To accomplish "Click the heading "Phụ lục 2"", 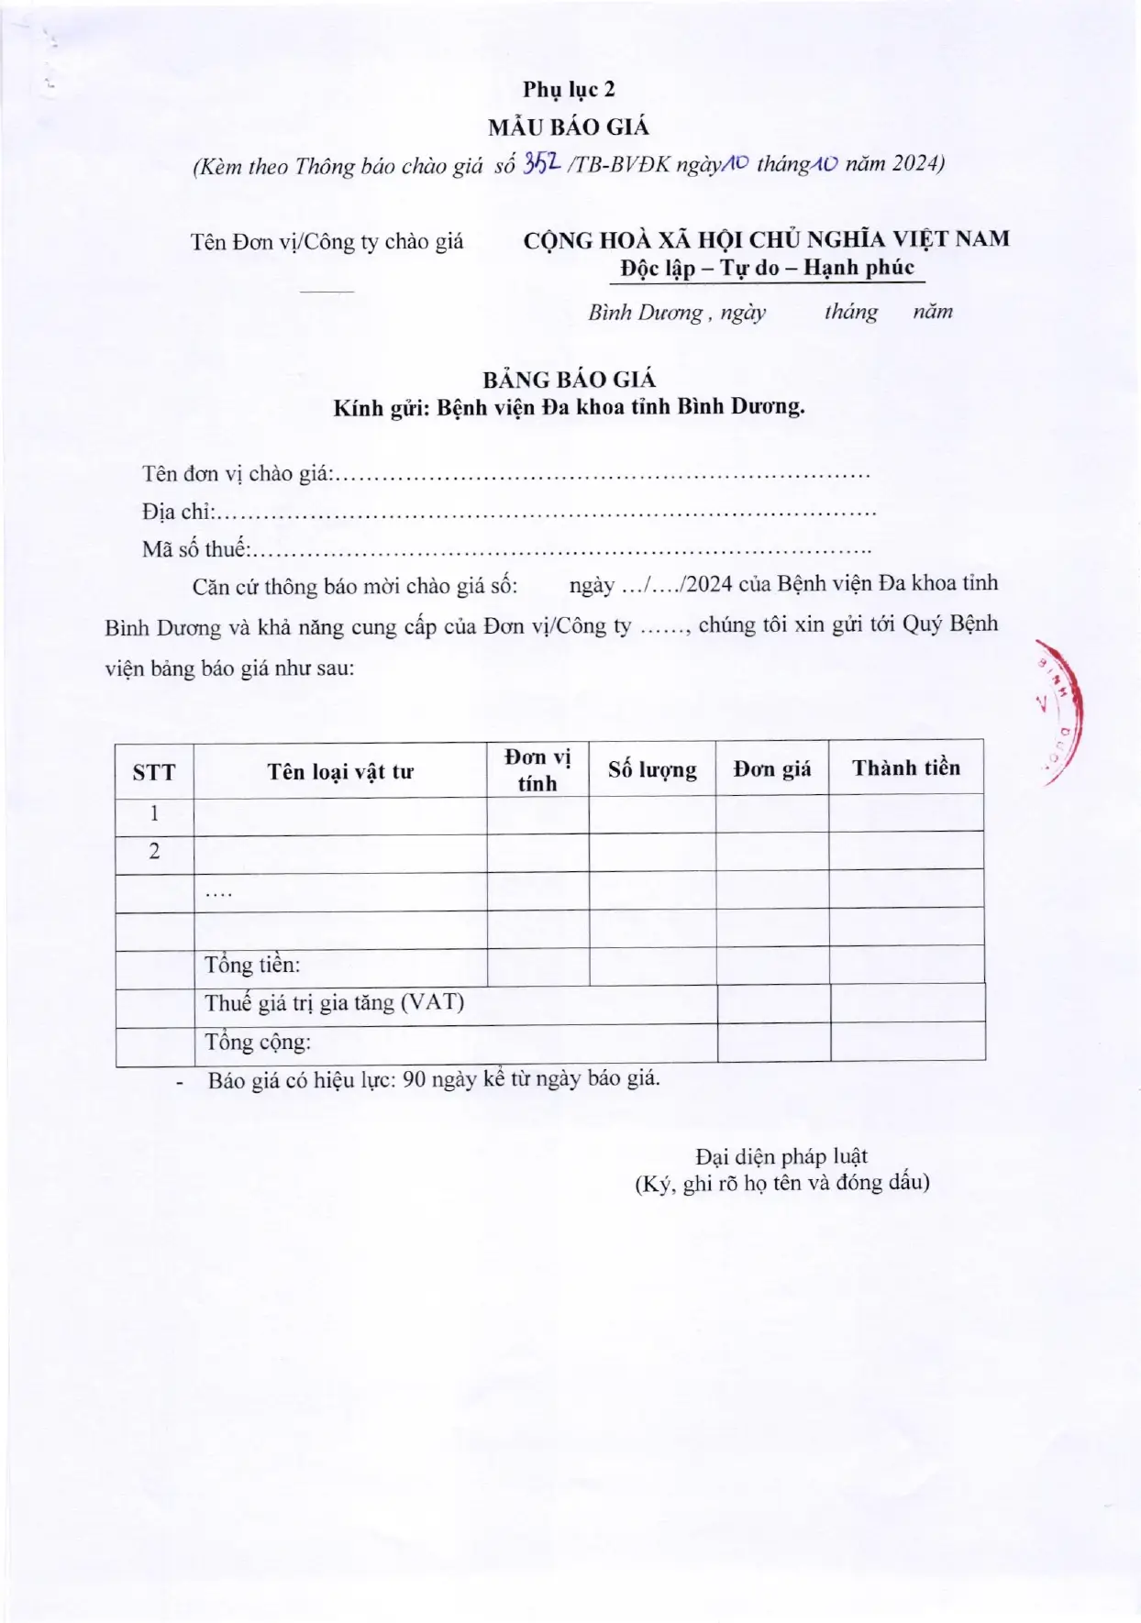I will [x=569, y=89].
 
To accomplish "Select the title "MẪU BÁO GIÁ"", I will [x=568, y=127].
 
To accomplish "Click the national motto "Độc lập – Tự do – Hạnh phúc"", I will [x=767, y=268].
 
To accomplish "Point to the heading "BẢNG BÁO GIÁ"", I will [x=570, y=379].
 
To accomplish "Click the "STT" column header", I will [x=153, y=772].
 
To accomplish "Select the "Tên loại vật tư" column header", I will [x=340, y=771].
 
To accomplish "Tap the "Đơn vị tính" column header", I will [x=537, y=770].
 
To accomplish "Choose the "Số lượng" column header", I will [x=652, y=769].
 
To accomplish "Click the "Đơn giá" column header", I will [x=771, y=768].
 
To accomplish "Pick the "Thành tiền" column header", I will [x=906, y=767].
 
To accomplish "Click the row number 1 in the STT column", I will [x=154, y=813].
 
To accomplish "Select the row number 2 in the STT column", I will [x=154, y=852].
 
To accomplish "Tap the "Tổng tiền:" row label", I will [x=252, y=965].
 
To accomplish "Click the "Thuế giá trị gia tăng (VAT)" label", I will [x=334, y=1002].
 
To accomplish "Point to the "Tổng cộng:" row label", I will [x=258, y=1042].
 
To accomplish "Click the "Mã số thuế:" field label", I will [x=195, y=549].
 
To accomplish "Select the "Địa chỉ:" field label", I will [x=177, y=512].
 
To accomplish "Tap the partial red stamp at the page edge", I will [x=1064, y=711].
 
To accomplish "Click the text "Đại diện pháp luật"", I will [x=781, y=1156].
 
